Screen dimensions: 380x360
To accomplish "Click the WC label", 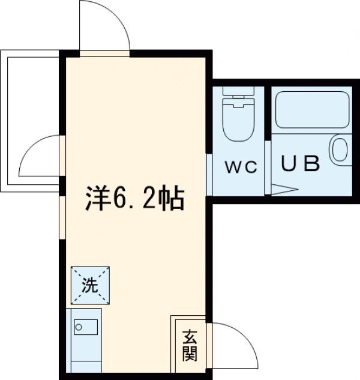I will point(241,166).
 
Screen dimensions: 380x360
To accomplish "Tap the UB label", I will point(301,163).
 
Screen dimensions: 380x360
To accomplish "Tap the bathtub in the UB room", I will point(311,109).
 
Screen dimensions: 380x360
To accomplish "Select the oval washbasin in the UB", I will point(339,149).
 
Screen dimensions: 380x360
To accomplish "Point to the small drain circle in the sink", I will point(78,328).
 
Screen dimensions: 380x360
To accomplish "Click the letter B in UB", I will point(310,163).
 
